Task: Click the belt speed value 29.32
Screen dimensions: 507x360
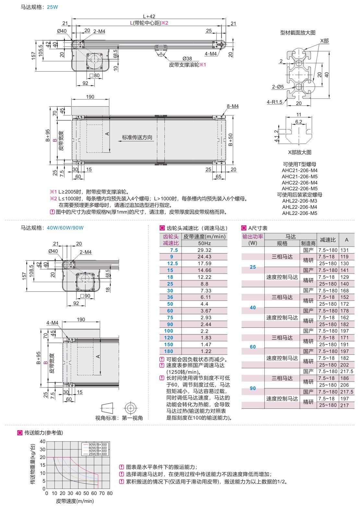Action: coord(204,250)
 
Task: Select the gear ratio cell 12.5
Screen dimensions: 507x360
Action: coord(172,264)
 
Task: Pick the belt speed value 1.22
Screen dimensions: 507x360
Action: coord(204,351)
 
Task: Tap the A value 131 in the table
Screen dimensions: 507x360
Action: coord(344,250)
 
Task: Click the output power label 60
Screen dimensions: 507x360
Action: coord(253,347)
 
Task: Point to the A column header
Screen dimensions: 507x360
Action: coord(346,240)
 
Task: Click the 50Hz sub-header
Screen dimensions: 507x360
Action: coord(204,243)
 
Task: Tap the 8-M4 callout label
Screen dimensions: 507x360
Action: coord(233,106)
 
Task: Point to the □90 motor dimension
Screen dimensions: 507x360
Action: coord(85,296)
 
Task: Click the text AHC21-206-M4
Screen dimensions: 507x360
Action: coord(299,171)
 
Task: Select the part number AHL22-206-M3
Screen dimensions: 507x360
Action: coord(299,201)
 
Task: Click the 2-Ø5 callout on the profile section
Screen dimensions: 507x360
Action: coord(278,87)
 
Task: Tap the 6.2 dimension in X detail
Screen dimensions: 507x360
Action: coord(299,122)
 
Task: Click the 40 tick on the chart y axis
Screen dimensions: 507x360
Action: coord(43,442)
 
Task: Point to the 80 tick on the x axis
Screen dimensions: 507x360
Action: coord(110,493)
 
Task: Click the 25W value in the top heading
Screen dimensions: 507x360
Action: coord(53,7)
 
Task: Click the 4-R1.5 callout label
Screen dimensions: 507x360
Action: coord(274,102)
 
